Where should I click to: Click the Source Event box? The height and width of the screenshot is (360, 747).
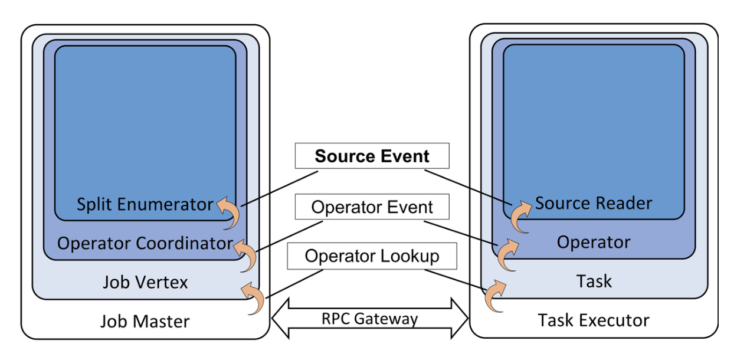[x=372, y=156]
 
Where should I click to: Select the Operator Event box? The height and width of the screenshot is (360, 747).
[x=372, y=207]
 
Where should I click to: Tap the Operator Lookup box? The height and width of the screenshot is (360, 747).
[x=372, y=256]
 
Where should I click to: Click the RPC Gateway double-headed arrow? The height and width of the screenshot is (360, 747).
[x=370, y=319]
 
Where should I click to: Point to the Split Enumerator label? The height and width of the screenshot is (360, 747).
[x=145, y=204]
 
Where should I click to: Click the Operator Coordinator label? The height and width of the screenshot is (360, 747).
[x=145, y=243]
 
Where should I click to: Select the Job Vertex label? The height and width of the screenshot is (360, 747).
[x=145, y=282]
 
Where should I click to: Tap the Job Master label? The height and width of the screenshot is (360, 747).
[x=145, y=322]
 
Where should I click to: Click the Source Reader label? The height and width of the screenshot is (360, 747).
[x=593, y=204]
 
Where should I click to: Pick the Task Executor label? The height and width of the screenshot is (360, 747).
[x=593, y=320]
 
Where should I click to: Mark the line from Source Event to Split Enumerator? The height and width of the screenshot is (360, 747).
[x=280, y=189]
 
